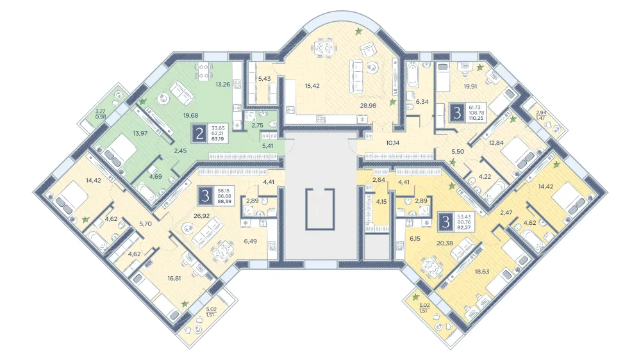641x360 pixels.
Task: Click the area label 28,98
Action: tap(368, 106)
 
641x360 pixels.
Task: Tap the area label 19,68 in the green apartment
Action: tap(191, 116)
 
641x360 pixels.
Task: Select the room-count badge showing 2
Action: tap(199, 134)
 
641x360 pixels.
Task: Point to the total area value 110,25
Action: tap(476, 118)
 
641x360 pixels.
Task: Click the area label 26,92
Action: tap(201, 216)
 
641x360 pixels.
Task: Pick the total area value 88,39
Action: tap(224, 201)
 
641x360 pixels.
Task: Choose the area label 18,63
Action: tap(482, 272)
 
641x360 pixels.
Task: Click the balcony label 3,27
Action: tap(100, 111)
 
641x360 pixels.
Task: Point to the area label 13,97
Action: tap(140, 133)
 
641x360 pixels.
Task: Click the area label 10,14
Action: tap(392, 143)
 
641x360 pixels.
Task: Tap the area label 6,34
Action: tap(422, 102)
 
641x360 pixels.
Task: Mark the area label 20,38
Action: tap(445, 243)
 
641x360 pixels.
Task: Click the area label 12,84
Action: tap(496, 143)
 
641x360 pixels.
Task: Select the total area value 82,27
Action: tap(464, 227)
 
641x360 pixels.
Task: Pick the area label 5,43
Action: tap(264, 78)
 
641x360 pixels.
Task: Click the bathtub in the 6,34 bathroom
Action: tap(413, 75)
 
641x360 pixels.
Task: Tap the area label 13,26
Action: tap(223, 85)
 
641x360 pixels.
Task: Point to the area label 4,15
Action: tap(381, 201)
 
